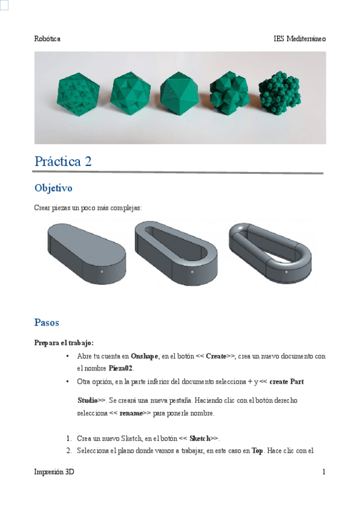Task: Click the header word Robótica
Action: pos(47,38)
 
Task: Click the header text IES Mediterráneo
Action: pos(299,38)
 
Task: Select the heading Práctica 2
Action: pos(63,161)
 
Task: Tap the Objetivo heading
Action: pos(53,188)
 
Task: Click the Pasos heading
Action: pos(46,322)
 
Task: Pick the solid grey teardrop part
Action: pos(87,251)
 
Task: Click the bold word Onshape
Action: pos(144,356)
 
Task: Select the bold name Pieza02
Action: pos(121,367)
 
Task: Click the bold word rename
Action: pos(132,414)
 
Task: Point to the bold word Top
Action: pos(256,450)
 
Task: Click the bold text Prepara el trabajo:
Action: pos(64,343)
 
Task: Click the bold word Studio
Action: pos(88,400)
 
